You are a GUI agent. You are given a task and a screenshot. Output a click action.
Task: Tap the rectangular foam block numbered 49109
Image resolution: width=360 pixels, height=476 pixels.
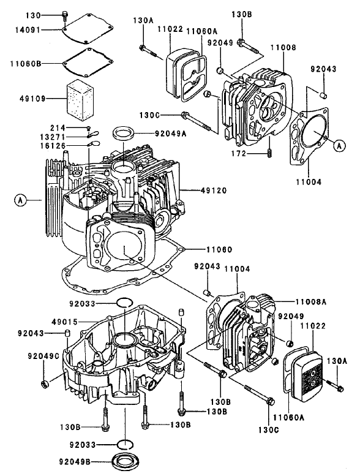click(x=78, y=96)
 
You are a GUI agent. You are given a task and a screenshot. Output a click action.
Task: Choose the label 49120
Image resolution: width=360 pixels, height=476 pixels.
click(x=214, y=191)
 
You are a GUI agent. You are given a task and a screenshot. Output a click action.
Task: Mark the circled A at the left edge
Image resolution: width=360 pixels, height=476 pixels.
click(x=20, y=200)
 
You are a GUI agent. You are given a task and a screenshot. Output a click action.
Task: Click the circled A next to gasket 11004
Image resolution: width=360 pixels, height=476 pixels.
click(x=339, y=145)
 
